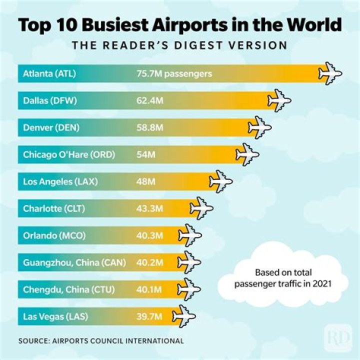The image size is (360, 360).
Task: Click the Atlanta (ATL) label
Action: coord(48,73)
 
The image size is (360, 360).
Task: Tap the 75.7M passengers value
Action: coord(174,73)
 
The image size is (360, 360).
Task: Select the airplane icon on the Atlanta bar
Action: coord(330,73)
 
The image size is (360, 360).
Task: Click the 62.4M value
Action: coord(150,100)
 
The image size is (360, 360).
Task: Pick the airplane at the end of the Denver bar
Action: coord(260,127)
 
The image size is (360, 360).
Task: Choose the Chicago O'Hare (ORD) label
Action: coord(69,154)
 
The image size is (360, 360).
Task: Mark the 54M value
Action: coord(145,154)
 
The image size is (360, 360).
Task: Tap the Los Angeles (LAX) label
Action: coord(60,181)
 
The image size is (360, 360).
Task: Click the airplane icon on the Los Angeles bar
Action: coord(221,181)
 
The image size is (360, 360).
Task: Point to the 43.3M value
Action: coord(149,208)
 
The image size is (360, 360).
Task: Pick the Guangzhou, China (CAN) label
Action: coord(74,262)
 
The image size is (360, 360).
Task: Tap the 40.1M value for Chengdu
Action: coord(149,289)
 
